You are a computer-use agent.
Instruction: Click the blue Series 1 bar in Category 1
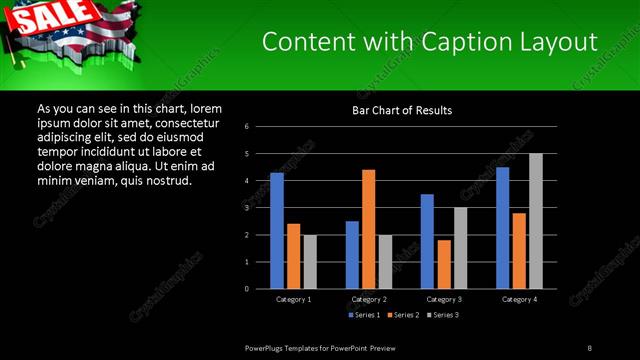click(x=276, y=231)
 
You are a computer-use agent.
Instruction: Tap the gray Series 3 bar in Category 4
click(x=535, y=221)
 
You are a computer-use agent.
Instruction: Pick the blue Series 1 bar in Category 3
click(x=427, y=241)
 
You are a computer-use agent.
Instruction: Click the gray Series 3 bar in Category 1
click(x=309, y=261)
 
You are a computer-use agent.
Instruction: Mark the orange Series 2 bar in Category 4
click(x=518, y=250)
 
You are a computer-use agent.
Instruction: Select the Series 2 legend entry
click(x=400, y=315)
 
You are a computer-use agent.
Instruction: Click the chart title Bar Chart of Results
click(x=400, y=109)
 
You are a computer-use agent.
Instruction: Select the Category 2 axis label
click(x=368, y=299)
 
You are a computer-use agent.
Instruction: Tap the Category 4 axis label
click(x=518, y=299)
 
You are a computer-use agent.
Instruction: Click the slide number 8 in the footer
click(x=589, y=347)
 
